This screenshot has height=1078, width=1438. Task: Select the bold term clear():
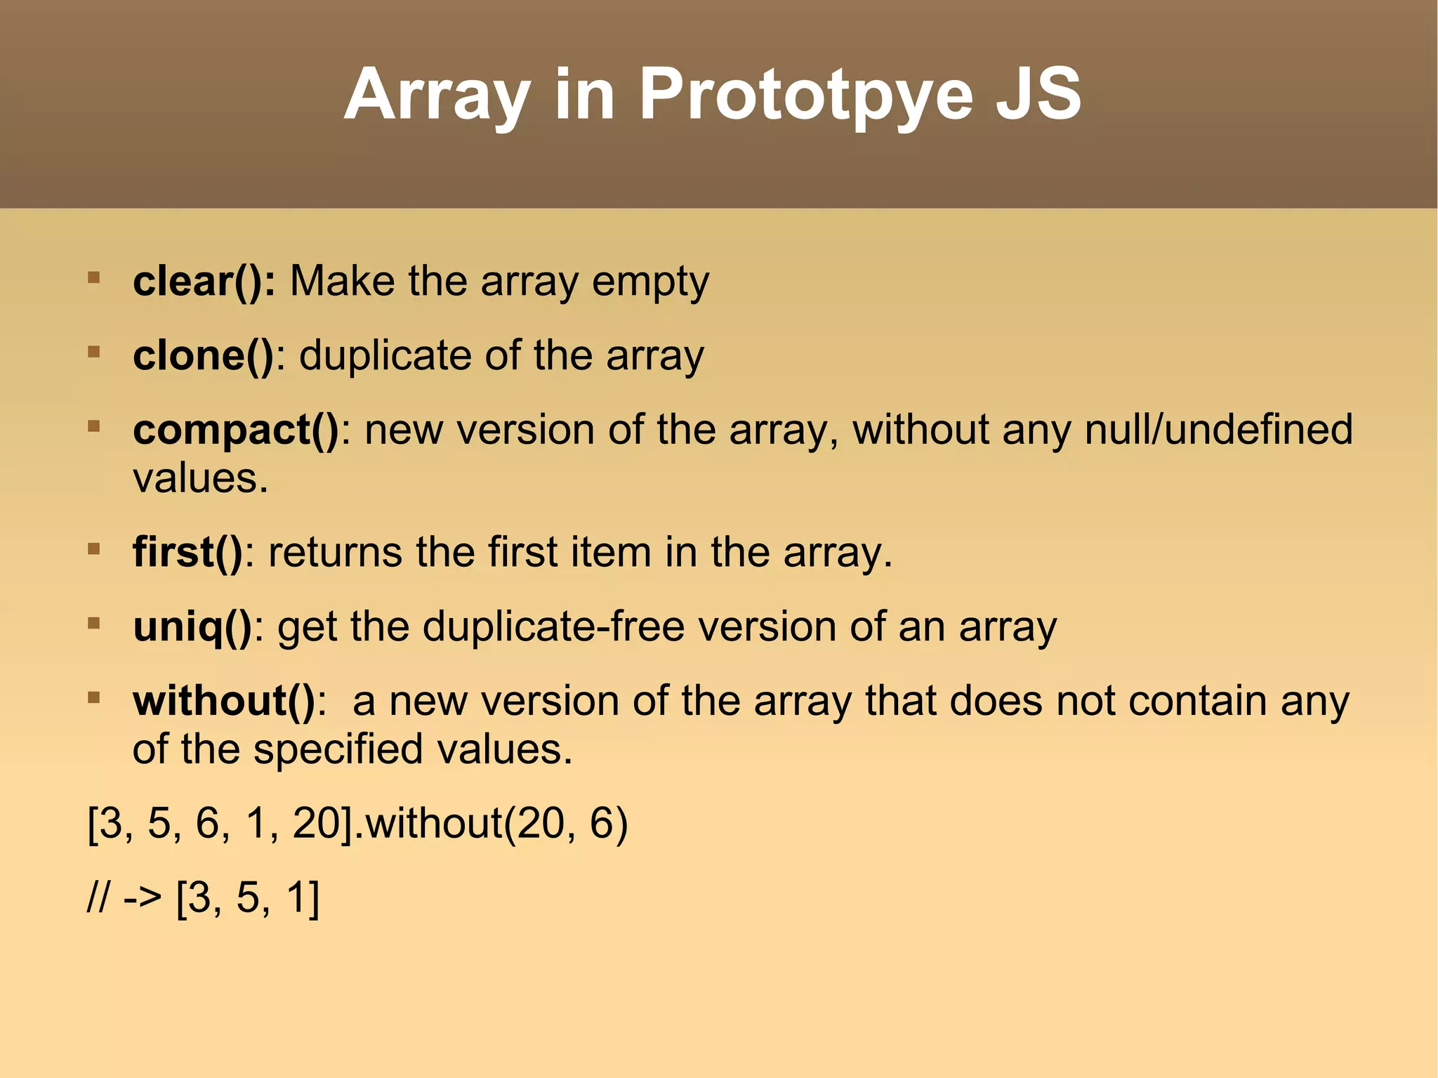pos(204,282)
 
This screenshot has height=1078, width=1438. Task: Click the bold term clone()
pos(204,355)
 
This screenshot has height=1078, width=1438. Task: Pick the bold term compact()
pos(236,430)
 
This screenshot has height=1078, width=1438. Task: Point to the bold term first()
pos(187,552)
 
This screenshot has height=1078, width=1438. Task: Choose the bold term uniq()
pos(192,626)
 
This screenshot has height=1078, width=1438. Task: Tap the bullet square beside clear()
pos(93,278)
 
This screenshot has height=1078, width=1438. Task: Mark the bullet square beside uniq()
pos(93,623)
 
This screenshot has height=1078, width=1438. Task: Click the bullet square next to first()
pos(93,548)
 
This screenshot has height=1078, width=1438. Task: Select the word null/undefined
pos(1218,430)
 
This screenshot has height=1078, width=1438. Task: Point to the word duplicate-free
pos(553,626)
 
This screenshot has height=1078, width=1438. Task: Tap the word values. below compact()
pos(201,479)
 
